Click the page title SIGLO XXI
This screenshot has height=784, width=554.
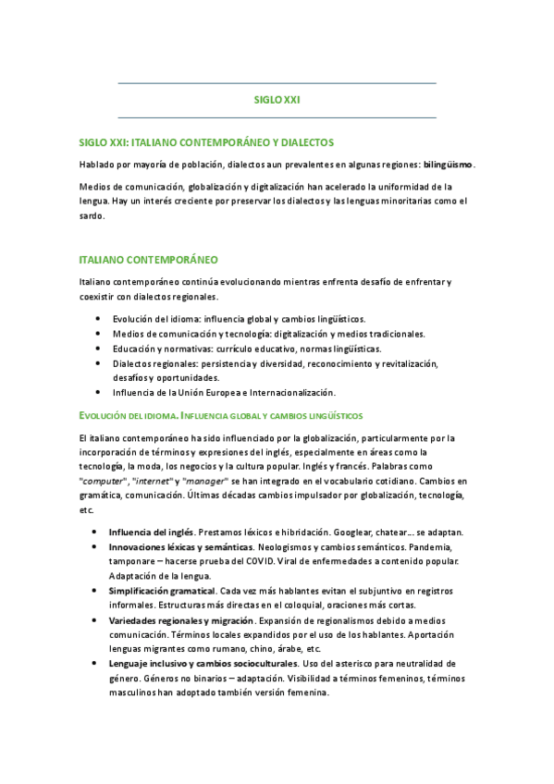point(277,99)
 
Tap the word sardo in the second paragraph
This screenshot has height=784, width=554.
point(92,215)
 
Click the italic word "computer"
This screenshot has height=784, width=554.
point(104,482)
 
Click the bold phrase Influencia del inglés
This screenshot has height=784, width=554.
point(151,533)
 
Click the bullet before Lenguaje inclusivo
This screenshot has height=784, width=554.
point(96,664)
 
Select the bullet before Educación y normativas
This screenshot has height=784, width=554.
point(96,349)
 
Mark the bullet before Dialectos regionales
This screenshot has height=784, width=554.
point(96,363)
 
